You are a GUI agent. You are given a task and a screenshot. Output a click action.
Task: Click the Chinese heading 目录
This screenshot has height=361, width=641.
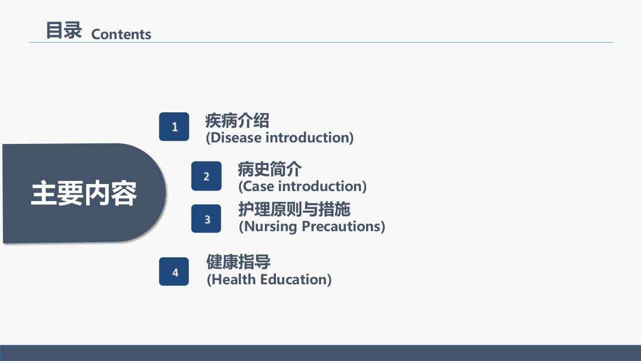pyautogui.click(x=64, y=31)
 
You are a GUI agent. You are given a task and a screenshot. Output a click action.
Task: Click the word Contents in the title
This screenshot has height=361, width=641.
pyautogui.click(x=121, y=34)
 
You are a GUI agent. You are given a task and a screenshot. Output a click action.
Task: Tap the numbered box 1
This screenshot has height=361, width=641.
pyautogui.click(x=174, y=127)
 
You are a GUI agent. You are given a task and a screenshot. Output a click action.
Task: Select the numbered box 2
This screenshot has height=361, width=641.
pyautogui.click(x=206, y=176)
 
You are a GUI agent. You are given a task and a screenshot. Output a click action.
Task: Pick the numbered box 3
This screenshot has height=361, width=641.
pyautogui.click(x=206, y=219)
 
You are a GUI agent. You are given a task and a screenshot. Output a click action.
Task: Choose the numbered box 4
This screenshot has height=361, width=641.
pyautogui.click(x=174, y=272)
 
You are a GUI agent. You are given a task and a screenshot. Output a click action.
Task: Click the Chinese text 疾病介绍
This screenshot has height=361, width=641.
pyautogui.click(x=237, y=121)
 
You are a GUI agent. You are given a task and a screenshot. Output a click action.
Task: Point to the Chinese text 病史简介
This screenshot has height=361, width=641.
pyautogui.click(x=269, y=169)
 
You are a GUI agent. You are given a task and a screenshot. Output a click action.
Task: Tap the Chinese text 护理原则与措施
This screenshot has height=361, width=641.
pyautogui.click(x=294, y=210)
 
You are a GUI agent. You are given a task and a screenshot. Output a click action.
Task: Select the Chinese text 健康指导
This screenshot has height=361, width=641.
pyautogui.click(x=238, y=262)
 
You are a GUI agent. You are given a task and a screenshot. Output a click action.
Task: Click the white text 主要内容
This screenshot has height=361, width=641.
pyautogui.click(x=84, y=194)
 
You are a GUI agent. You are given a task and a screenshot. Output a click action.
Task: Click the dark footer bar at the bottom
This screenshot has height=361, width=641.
pyautogui.click(x=320, y=353)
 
